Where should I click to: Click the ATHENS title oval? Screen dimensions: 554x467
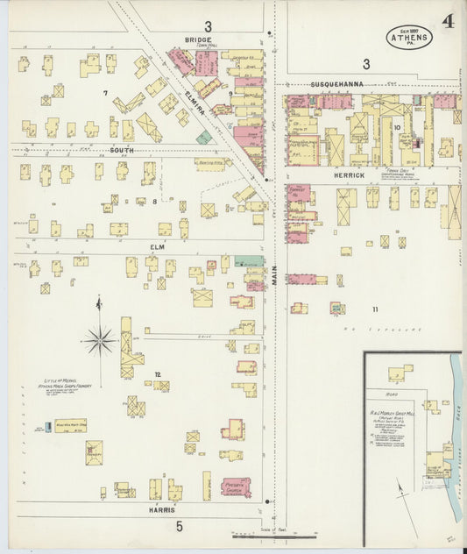coord(408,36)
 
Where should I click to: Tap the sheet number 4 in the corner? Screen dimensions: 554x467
coord(448,21)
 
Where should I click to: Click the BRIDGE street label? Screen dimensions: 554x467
coord(199,39)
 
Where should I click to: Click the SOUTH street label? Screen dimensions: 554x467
coord(121,151)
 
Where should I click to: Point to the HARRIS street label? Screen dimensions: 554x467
coord(160,509)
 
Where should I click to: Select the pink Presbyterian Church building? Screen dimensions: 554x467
coord(236,487)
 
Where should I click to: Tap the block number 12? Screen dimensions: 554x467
coord(158,374)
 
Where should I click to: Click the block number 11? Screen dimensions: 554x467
coord(375,309)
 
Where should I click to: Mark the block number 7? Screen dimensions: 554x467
coord(105,92)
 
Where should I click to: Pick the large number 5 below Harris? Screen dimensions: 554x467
coord(179,526)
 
